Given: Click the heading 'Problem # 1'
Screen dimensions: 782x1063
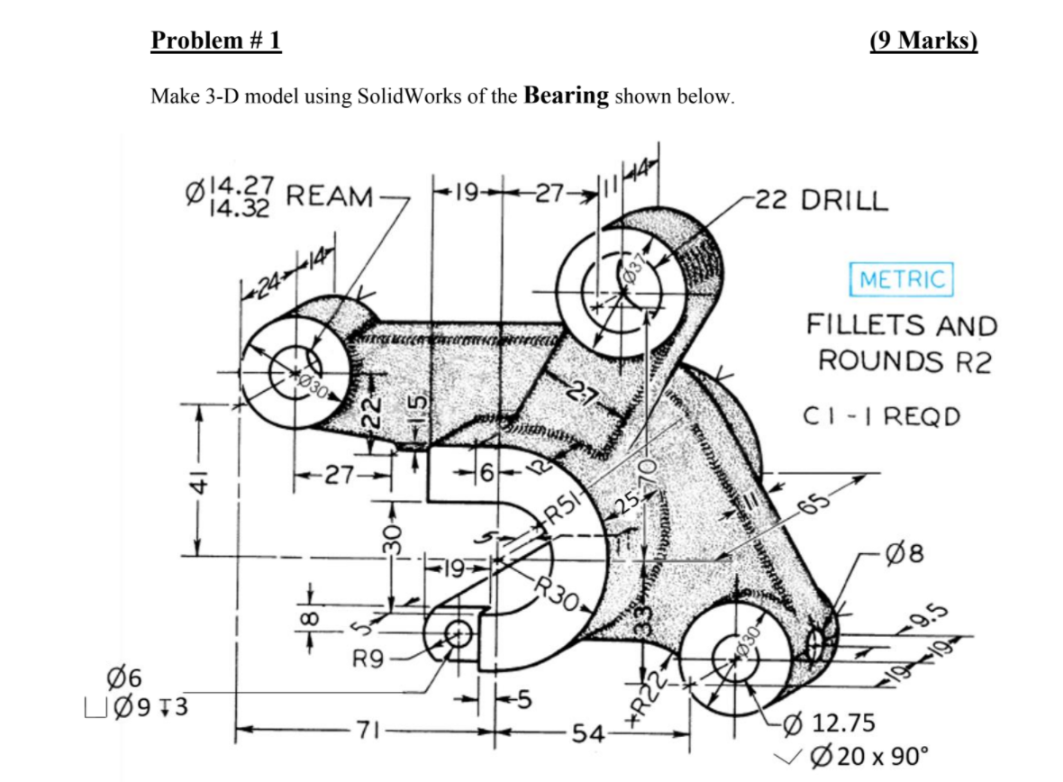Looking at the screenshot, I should [216, 41].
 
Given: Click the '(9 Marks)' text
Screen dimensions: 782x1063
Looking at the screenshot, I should [923, 41].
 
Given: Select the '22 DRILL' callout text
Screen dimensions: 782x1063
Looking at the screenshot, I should [822, 199].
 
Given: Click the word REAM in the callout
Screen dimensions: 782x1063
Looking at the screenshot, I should [330, 195].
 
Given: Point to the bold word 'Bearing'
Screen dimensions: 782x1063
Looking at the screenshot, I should [566, 95].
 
